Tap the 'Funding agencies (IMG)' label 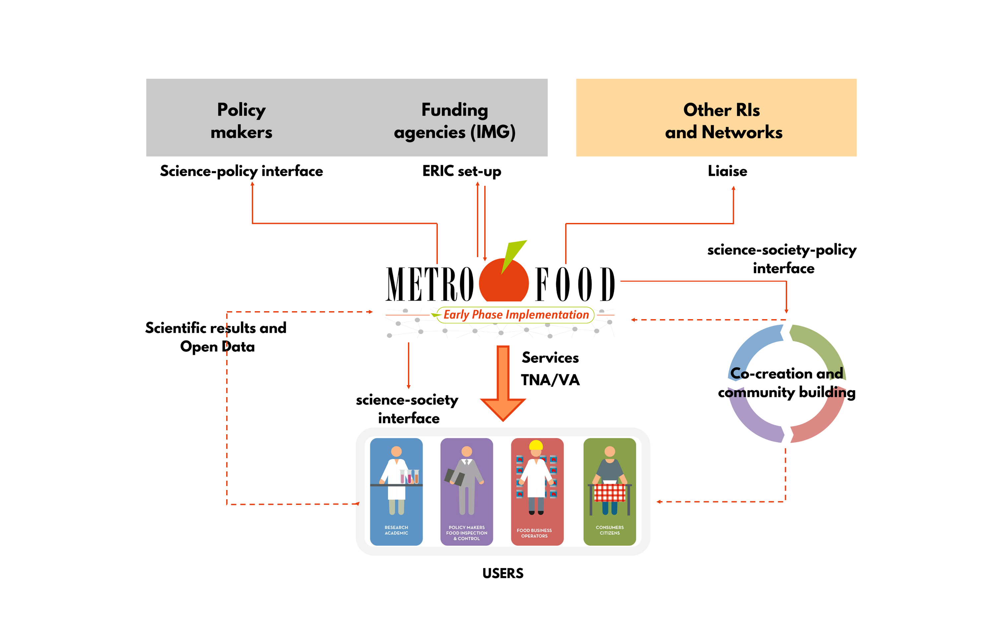(455, 121)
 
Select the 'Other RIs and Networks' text (723, 121)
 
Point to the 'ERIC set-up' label (461, 171)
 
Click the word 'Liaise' (727, 171)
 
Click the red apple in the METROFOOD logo (503, 284)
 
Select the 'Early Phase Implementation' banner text (516, 315)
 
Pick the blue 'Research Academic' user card (396, 491)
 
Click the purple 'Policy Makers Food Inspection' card (467, 491)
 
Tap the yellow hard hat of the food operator (536, 445)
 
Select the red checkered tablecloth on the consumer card (609, 492)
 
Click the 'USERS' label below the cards (503, 574)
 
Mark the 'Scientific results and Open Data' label (216, 337)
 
